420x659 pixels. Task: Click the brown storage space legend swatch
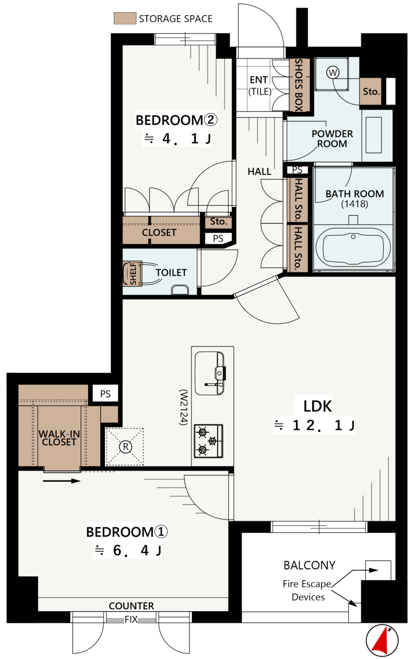click(125, 19)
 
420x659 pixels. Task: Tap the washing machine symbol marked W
click(332, 73)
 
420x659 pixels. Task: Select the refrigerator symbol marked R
click(125, 447)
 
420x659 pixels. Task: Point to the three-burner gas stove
click(208, 441)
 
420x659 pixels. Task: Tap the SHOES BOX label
click(299, 85)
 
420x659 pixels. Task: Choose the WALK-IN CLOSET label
click(59, 438)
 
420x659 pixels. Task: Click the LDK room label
click(318, 406)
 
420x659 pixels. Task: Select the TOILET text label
click(171, 272)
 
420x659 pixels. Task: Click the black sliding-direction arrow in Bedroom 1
click(61, 481)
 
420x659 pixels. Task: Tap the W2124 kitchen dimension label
click(183, 407)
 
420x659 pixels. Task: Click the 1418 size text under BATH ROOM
click(355, 204)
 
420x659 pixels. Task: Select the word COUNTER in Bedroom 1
click(131, 605)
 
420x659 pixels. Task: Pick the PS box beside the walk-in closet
click(106, 394)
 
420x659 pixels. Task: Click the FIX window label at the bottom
click(131, 619)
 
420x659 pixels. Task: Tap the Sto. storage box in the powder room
click(371, 91)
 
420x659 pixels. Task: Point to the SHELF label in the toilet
click(133, 274)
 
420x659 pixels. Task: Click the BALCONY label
click(309, 565)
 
